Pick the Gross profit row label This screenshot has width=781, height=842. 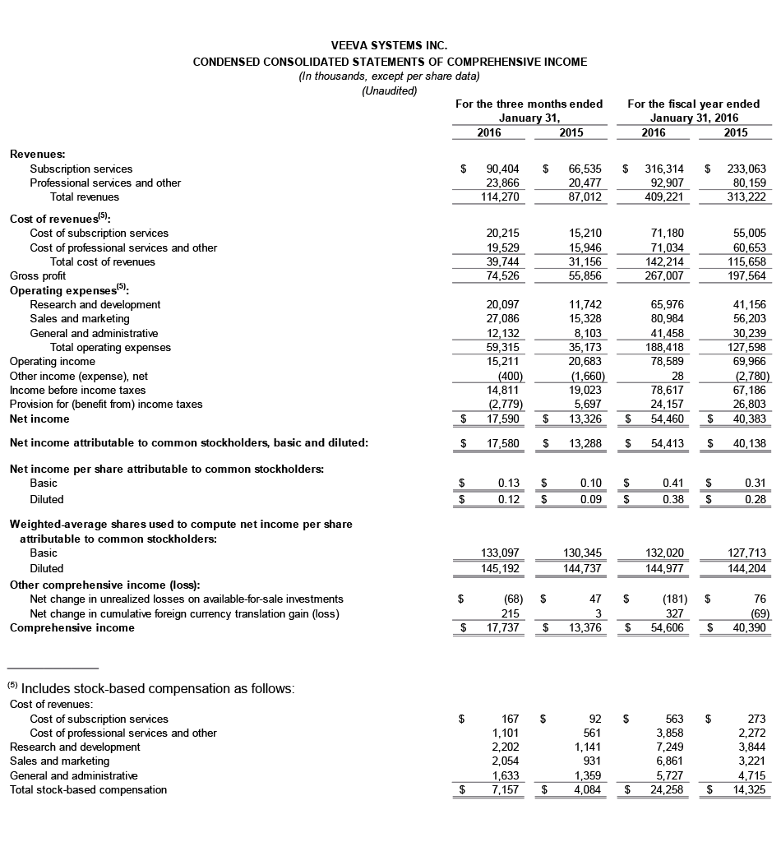coord(38,276)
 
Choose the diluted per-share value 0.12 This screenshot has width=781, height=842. coord(508,499)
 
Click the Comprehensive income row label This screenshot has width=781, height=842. coord(72,628)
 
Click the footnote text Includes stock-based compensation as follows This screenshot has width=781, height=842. coord(156,688)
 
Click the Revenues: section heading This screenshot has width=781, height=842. coord(38,154)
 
